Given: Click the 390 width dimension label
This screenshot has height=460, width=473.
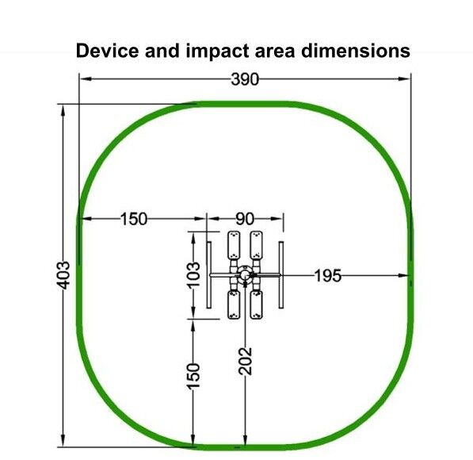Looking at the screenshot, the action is pos(245,80).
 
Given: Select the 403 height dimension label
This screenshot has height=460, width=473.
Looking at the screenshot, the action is pos(63,275).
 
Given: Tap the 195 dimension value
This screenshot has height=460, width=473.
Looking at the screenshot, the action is pos(328,276).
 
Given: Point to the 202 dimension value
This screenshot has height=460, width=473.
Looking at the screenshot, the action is pos(245,361).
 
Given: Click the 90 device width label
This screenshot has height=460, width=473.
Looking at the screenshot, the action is pos(245,219).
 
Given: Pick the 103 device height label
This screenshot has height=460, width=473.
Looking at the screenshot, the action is pos(193,274).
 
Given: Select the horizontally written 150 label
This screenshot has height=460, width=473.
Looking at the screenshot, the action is pos(134,219).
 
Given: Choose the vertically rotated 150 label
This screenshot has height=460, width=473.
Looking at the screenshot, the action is pos(193,376).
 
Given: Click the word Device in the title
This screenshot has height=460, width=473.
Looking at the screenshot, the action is pos(107,51).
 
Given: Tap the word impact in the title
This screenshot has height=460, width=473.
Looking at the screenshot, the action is pos(218,52).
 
